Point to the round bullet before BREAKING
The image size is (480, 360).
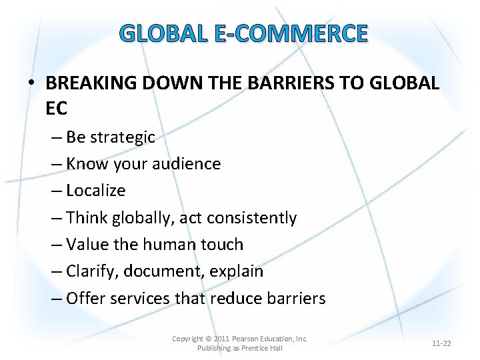[x=32, y=84]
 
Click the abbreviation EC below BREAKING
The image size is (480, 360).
[x=57, y=107]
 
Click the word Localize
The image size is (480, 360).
[x=96, y=191]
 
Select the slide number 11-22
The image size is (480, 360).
[x=441, y=343]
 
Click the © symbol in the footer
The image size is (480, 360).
[x=209, y=339]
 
